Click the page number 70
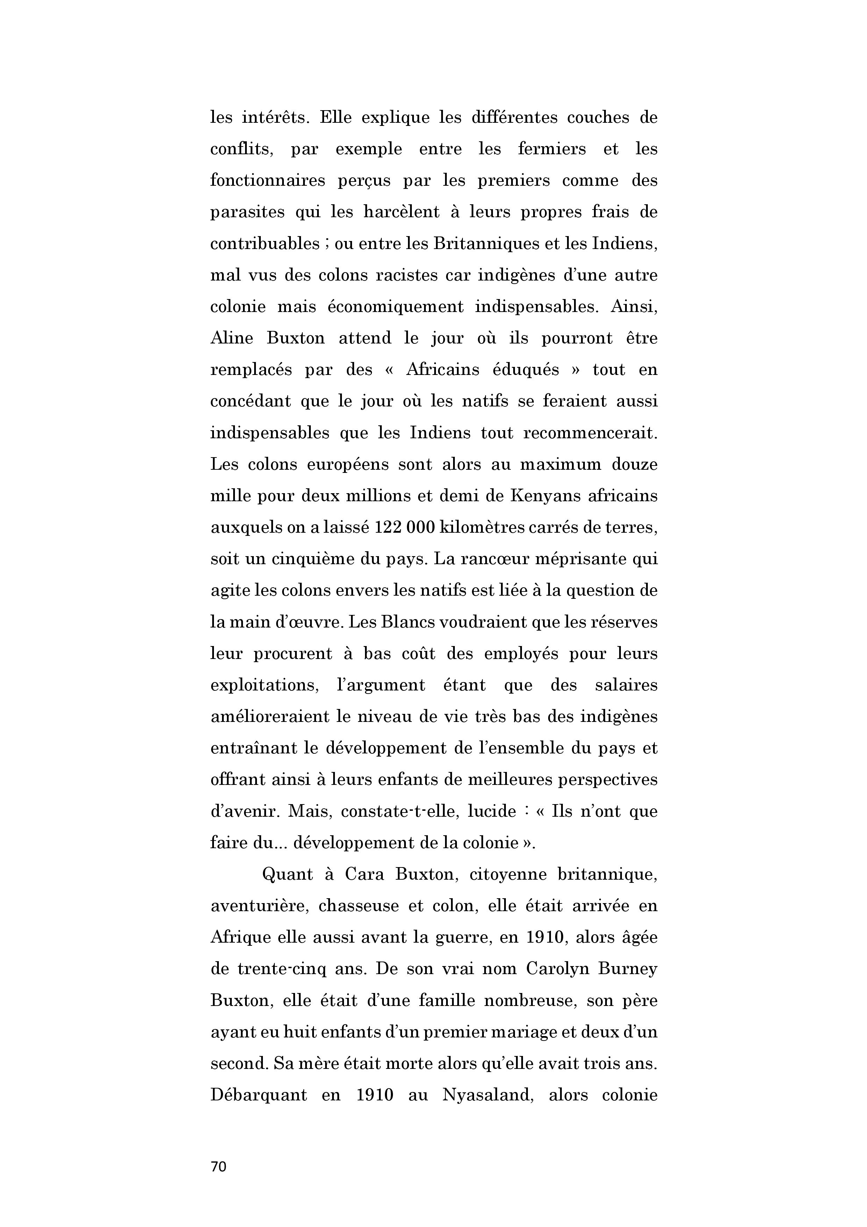[x=218, y=1166]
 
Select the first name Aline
[x=231, y=338]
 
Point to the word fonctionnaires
[x=267, y=180]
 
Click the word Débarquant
[x=259, y=1095]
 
